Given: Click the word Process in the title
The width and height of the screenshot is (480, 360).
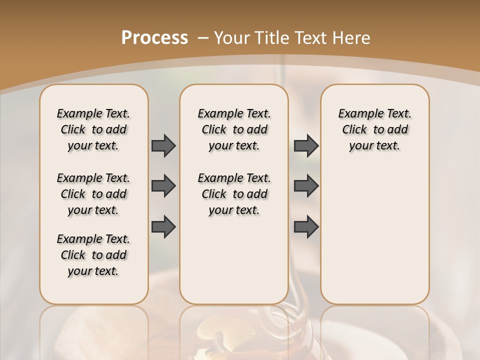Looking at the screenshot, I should pyautogui.click(x=154, y=38).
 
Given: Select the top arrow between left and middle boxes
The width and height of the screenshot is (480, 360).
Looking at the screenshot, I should pyautogui.click(x=163, y=146).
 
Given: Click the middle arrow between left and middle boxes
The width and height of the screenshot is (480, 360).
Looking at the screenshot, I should pyautogui.click(x=163, y=186).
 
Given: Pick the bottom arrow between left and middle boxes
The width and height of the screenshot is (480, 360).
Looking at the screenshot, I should pyautogui.click(x=163, y=226).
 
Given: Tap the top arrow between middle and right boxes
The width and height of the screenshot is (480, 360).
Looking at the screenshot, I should pyautogui.click(x=306, y=146).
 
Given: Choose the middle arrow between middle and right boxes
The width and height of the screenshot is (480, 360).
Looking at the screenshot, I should pyautogui.click(x=306, y=186).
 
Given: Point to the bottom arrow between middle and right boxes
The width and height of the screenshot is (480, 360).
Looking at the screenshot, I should pyautogui.click(x=306, y=226).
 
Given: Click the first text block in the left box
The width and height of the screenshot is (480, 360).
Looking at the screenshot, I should pyautogui.click(x=93, y=129).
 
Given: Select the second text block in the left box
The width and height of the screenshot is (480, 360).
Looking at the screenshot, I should pyautogui.click(x=93, y=194).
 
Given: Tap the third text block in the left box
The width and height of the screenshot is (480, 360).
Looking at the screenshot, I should pyautogui.click(x=93, y=255).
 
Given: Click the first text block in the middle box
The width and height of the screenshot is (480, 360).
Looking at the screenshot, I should pyautogui.click(x=234, y=129).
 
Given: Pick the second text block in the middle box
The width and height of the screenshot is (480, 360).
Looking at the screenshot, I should pyautogui.click(x=234, y=194).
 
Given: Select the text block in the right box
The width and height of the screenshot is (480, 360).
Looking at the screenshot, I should pyautogui.click(x=374, y=129).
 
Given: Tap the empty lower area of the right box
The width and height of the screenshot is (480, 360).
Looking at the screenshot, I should pyautogui.click(x=374, y=240).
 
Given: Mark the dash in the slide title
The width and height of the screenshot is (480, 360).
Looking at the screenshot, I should pyautogui.click(x=203, y=38).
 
